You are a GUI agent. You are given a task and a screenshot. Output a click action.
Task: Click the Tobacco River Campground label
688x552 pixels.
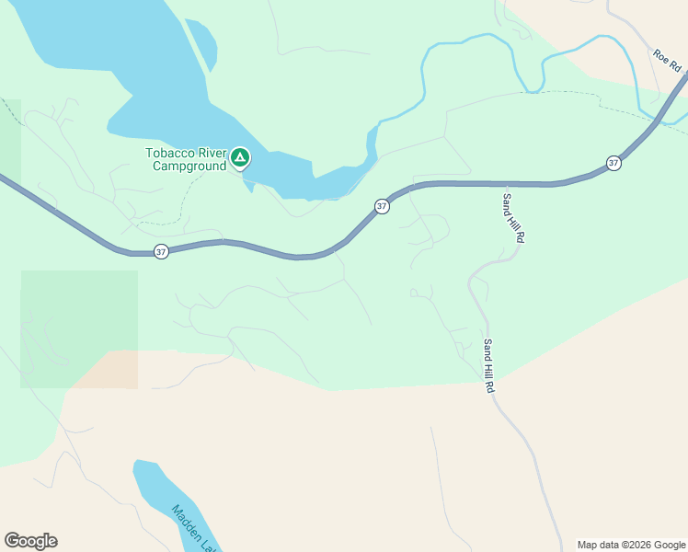(186, 159)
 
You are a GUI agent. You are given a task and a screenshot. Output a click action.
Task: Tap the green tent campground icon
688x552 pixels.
(239, 158)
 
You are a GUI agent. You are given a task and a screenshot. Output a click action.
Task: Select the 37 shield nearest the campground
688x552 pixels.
(382, 206)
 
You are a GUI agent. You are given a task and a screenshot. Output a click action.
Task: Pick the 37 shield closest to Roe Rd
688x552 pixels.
(613, 163)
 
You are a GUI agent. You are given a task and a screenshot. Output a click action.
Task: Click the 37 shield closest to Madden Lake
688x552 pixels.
(161, 251)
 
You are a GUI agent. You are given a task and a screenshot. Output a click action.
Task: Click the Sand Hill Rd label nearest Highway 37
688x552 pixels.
(513, 218)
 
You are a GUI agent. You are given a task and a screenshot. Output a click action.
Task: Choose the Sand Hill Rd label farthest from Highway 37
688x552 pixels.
(488, 367)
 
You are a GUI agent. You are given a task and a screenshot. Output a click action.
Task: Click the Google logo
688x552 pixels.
(30, 541)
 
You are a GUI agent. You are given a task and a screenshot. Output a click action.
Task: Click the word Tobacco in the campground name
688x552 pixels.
(167, 153)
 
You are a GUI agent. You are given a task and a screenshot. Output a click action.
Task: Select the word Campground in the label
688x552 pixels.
(189, 166)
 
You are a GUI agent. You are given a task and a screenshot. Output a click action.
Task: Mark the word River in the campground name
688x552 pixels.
(209, 153)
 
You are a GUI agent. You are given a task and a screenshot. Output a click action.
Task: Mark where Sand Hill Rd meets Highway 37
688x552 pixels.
(502, 184)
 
